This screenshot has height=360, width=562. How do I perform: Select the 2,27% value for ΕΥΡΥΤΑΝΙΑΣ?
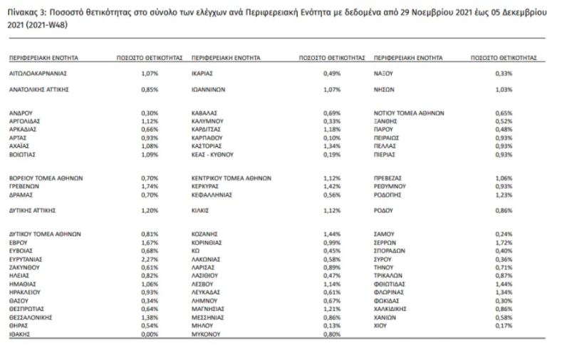(150, 260)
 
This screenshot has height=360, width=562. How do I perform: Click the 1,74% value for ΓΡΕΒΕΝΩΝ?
(150, 185)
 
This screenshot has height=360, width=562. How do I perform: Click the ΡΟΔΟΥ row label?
(384, 211)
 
